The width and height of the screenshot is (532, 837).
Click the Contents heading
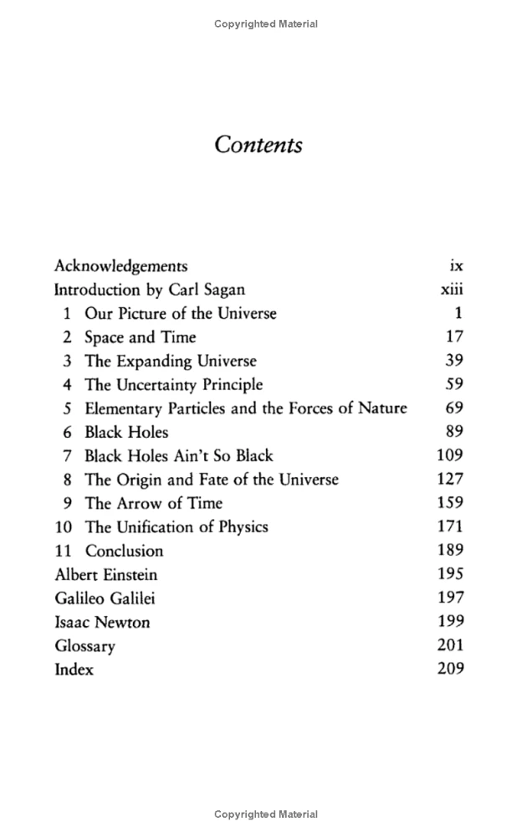click(x=258, y=144)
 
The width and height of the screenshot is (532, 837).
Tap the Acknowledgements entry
click(x=120, y=266)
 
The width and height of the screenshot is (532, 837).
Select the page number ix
click(x=456, y=266)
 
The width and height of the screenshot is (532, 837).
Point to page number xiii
click(x=452, y=290)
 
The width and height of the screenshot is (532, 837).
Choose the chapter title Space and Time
click(x=141, y=337)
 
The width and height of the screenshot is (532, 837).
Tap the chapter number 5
click(x=67, y=408)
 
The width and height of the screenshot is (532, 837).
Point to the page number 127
click(x=450, y=480)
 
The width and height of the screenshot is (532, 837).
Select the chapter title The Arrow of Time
click(x=154, y=503)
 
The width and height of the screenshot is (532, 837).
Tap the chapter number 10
click(x=64, y=527)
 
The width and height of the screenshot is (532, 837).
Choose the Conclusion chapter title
click(x=124, y=551)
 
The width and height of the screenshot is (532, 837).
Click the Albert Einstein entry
click(x=105, y=575)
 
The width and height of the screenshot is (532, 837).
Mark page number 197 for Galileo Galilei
click(x=450, y=598)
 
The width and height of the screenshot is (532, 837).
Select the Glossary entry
click(x=84, y=646)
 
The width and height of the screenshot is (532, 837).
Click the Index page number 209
click(x=450, y=669)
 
